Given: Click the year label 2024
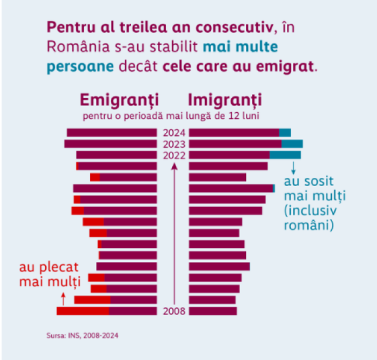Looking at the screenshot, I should [x=174, y=133].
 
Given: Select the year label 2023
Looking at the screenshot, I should [x=174, y=144].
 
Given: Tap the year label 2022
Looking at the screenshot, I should [x=174, y=155].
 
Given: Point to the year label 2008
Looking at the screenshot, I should [x=174, y=311].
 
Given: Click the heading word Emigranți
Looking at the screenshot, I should [x=120, y=100].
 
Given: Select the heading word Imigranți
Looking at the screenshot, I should [x=225, y=100].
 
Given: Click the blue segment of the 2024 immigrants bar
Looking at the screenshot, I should [x=285, y=133].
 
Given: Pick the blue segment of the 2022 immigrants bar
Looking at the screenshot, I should [x=285, y=155].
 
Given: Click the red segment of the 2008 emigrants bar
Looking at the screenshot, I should [x=83, y=311].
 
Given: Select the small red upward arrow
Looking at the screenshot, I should [x=64, y=298].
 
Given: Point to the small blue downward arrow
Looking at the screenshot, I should [x=293, y=168].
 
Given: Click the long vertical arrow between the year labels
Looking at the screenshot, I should [x=174, y=233].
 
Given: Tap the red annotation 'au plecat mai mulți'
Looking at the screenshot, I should [x=49, y=274].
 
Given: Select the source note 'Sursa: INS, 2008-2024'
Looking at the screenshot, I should [x=82, y=335].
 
